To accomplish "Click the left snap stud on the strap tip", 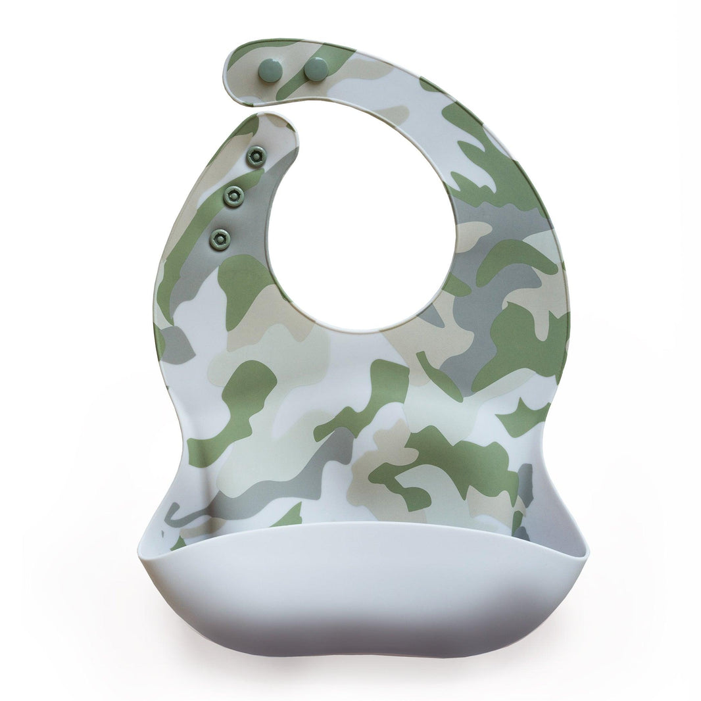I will point(270,70).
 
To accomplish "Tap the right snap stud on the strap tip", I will point(316,68).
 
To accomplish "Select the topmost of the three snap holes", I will point(256,157).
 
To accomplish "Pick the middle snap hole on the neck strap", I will point(233,195).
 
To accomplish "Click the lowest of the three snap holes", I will point(220,239).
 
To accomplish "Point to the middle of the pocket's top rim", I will point(362,523).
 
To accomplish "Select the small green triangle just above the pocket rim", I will point(289,516).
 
